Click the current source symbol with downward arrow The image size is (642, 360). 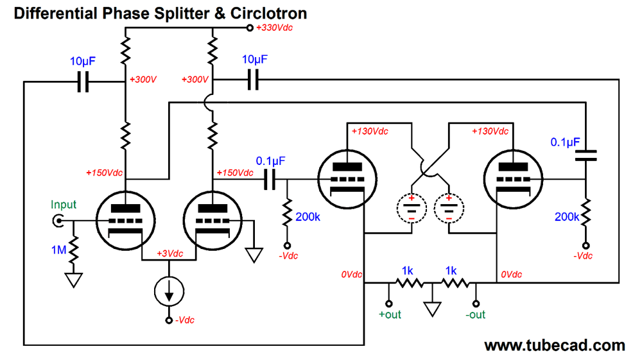169,292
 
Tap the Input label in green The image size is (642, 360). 64,205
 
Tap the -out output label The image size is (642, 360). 476,314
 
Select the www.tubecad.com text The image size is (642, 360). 554,346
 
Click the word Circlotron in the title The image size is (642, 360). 266,13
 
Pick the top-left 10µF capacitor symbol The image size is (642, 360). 83,83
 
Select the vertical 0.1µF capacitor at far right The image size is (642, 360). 585,154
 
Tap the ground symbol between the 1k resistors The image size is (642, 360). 433,310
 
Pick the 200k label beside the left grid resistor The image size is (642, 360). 308,217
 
